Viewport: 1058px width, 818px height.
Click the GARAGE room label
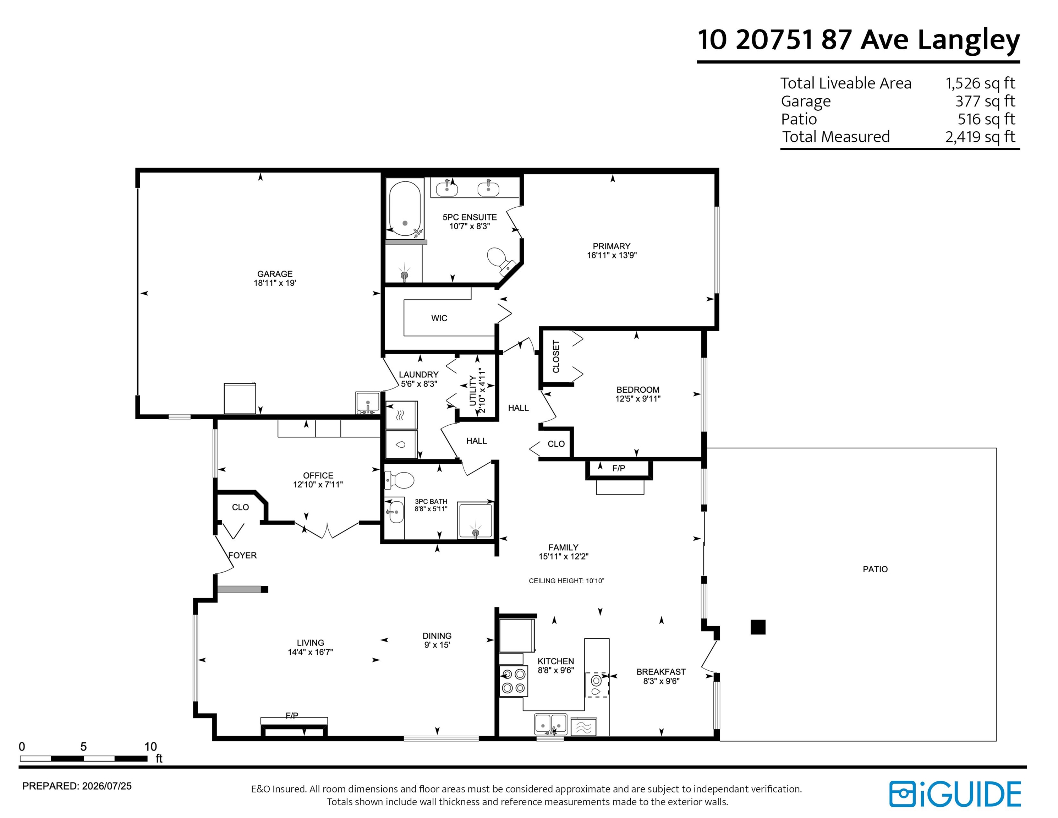tap(275, 274)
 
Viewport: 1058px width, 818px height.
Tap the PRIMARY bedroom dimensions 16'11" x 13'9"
tap(612, 255)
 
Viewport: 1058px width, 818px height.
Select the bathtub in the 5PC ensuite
tap(405, 208)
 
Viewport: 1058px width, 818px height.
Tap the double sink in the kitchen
tap(551, 724)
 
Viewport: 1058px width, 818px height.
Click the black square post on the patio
tap(758, 627)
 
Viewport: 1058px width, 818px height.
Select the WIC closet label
tap(439, 318)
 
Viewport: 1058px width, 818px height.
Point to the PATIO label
tap(875, 569)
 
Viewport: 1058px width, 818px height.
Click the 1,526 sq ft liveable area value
tap(980, 83)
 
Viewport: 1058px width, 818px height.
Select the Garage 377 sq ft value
tap(985, 101)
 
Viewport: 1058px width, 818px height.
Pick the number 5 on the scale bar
tap(83, 747)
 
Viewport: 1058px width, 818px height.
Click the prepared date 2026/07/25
tap(106, 786)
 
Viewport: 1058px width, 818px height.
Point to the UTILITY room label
tap(473, 391)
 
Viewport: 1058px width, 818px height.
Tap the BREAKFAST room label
tap(661, 672)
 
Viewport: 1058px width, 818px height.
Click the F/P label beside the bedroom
tap(619, 468)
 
